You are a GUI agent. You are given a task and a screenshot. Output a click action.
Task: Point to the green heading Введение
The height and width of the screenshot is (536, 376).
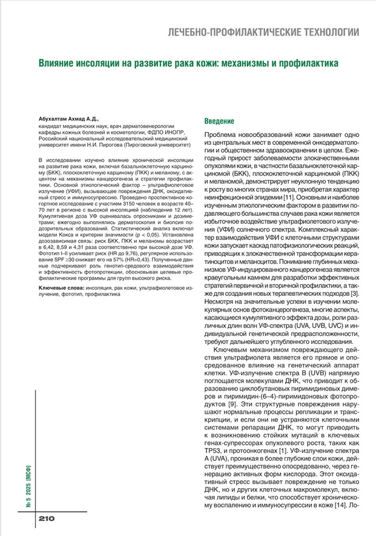pos(223,121)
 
